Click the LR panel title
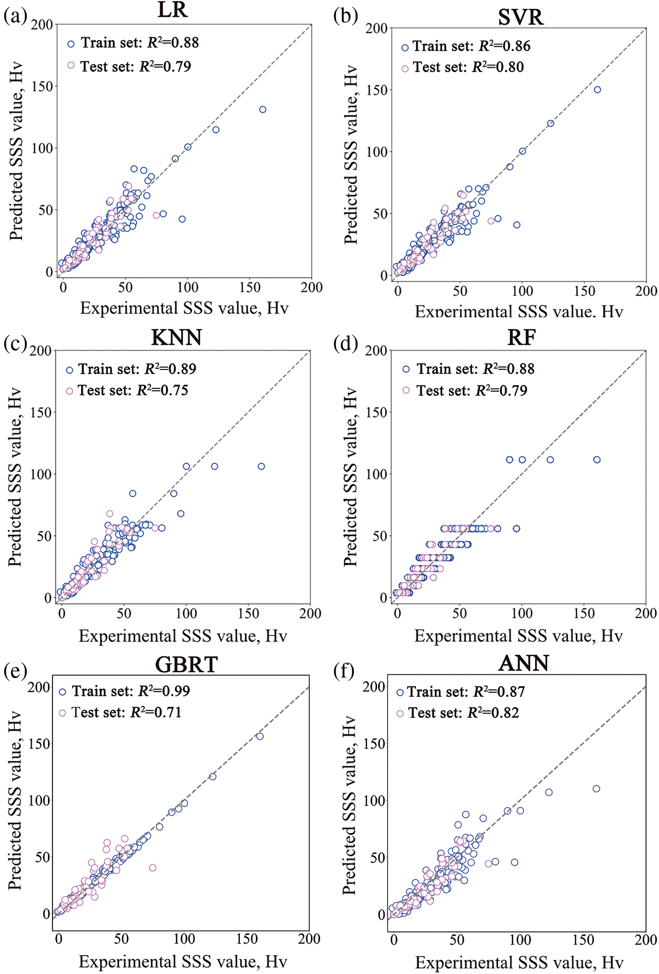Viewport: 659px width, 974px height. [172, 10]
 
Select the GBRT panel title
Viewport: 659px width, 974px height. [186, 665]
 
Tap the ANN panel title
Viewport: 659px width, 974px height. [524, 663]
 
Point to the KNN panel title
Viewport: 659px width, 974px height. [176, 337]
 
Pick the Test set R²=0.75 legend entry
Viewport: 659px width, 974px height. [127, 390]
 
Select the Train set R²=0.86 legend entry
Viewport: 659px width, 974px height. [466, 47]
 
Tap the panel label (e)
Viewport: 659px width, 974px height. [15, 670]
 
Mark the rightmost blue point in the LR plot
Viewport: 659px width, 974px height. [263, 110]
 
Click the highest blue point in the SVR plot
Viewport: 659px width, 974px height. [597, 90]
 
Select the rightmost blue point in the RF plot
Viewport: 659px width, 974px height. [597, 460]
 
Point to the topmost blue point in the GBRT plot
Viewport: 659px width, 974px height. [260, 736]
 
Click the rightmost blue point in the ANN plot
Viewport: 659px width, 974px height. [596, 789]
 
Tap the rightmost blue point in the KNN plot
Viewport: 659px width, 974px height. [261, 467]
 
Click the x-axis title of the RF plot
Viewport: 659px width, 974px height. [518, 636]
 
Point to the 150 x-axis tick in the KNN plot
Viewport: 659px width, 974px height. [248, 613]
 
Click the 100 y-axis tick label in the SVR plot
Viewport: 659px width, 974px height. [376, 152]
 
